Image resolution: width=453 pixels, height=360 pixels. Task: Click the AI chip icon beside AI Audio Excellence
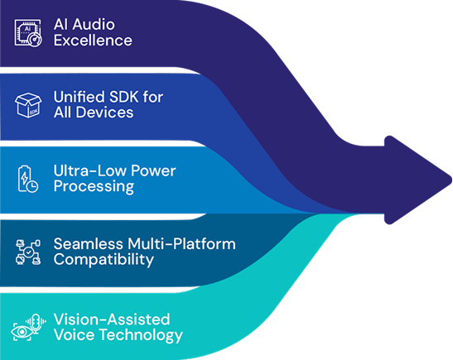pyautogui.click(x=28, y=33)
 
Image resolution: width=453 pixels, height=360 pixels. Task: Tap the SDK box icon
pyautogui.click(x=28, y=105)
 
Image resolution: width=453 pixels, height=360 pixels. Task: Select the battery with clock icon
pyautogui.click(x=28, y=179)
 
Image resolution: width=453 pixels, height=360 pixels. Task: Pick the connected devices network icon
pyautogui.click(x=28, y=252)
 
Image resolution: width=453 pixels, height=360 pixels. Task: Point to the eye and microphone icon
pyautogui.click(x=28, y=328)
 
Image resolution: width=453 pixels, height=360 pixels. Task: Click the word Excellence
pyautogui.click(x=93, y=40)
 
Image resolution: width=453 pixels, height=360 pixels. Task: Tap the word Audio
pyautogui.click(x=94, y=24)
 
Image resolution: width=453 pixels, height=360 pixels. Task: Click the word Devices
pyautogui.click(x=104, y=113)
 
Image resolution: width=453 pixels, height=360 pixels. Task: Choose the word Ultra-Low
pyautogui.click(x=90, y=170)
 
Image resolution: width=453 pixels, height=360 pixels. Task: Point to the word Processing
pyautogui.click(x=94, y=186)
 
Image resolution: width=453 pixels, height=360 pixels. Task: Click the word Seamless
pyautogui.click(x=88, y=243)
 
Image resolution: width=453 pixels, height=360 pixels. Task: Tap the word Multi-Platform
pyautogui.click(x=181, y=243)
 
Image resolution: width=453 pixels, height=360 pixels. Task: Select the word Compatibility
pyautogui.click(x=104, y=260)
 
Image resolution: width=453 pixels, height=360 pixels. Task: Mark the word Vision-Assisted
pyautogui.click(x=112, y=319)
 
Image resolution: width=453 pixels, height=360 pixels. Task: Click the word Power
pyautogui.click(x=153, y=170)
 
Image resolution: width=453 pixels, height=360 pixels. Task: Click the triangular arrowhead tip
pyautogui.click(x=451, y=180)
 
